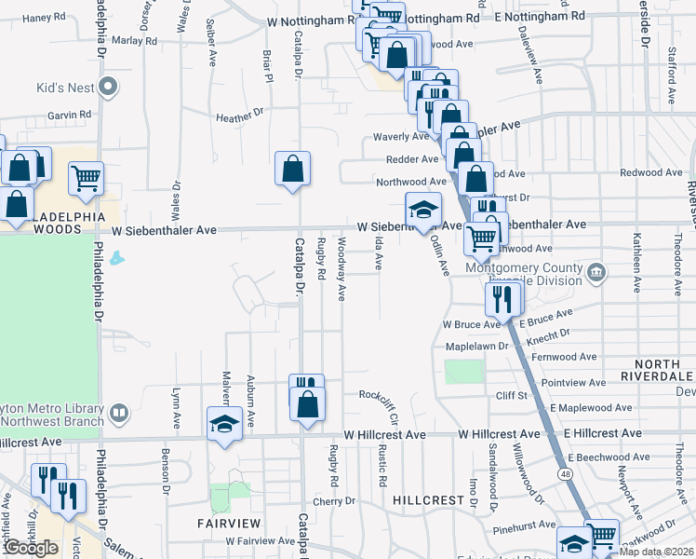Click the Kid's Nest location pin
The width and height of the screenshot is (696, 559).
[108, 89]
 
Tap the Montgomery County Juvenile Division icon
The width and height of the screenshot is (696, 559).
[596, 273]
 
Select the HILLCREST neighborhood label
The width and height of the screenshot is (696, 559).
[428, 500]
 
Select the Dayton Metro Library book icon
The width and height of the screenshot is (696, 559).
[118, 412]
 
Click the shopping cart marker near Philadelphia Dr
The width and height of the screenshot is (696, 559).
[86, 177]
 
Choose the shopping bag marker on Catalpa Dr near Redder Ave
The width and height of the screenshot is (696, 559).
[292, 169]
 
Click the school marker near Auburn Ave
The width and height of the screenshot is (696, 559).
[223, 424]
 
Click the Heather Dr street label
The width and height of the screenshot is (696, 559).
[234, 118]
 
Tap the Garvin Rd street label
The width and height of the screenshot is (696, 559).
[71, 115]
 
